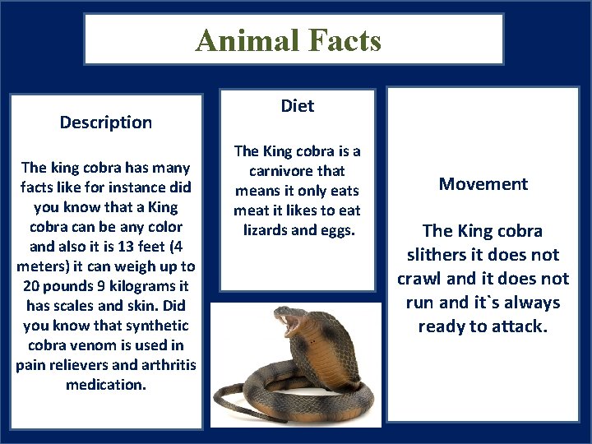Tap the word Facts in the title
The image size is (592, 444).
(x=343, y=40)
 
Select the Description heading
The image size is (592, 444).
(x=106, y=123)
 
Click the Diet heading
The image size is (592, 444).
(x=298, y=106)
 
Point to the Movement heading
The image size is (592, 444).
(x=483, y=184)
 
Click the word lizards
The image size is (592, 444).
(x=269, y=230)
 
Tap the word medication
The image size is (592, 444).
(x=106, y=385)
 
